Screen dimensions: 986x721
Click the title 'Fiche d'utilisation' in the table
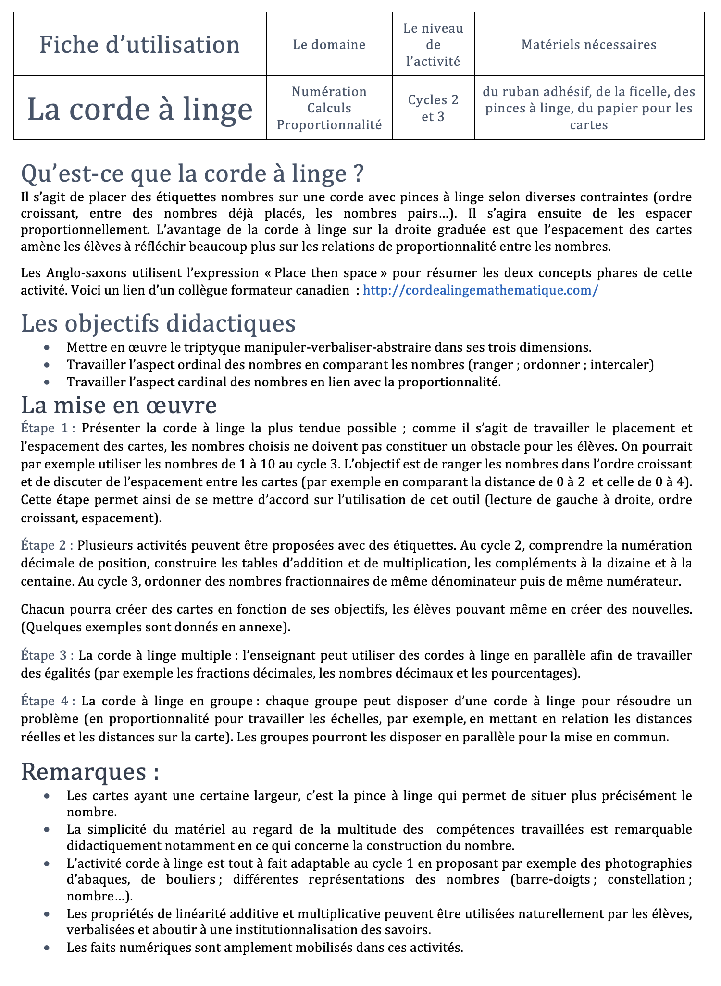point(139,45)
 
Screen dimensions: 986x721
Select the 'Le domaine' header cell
point(329,45)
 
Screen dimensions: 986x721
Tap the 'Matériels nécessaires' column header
point(589,45)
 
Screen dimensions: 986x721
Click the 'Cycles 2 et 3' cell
point(433,108)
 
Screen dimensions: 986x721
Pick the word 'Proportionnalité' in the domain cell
point(329,125)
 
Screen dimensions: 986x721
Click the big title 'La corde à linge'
point(140,109)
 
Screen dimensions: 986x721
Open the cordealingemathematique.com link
point(481,290)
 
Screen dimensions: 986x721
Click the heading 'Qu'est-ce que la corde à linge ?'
point(192,173)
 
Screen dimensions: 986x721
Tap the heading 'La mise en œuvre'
point(119,405)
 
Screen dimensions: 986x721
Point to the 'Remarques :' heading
point(90,772)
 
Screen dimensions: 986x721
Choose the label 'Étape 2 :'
point(47,545)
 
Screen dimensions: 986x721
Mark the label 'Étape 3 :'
point(47,655)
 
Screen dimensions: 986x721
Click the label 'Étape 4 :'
point(48,701)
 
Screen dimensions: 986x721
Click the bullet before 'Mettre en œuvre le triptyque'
point(47,347)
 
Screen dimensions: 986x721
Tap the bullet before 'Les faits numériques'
point(47,948)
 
